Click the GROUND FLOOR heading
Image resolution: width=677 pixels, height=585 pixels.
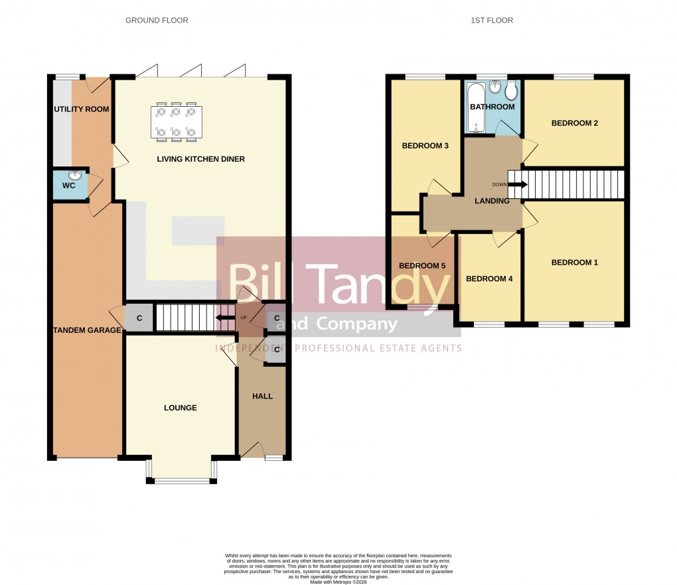tap(157, 21)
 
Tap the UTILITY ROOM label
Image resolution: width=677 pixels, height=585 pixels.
tap(82, 109)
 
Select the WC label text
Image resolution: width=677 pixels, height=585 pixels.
tap(68, 186)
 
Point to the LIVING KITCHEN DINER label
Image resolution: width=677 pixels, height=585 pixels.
tap(200, 159)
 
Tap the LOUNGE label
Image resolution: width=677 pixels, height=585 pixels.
tap(181, 408)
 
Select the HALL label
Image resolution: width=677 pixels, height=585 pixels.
tap(262, 396)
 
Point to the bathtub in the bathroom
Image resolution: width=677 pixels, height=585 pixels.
tap(475, 107)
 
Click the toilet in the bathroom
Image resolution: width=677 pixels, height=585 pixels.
tap(510, 91)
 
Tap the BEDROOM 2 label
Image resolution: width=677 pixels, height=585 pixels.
tap(575, 123)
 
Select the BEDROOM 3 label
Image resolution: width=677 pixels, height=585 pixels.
tap(425, 146)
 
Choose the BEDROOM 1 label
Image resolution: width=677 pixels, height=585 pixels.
tap(575, 263)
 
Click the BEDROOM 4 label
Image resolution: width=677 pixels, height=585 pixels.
tap(489, 279)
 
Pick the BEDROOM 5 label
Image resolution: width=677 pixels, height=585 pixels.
tap(421, 266)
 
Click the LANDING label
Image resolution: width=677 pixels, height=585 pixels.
tap(492, 201)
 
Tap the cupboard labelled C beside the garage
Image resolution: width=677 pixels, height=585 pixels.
tap(139, 318)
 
